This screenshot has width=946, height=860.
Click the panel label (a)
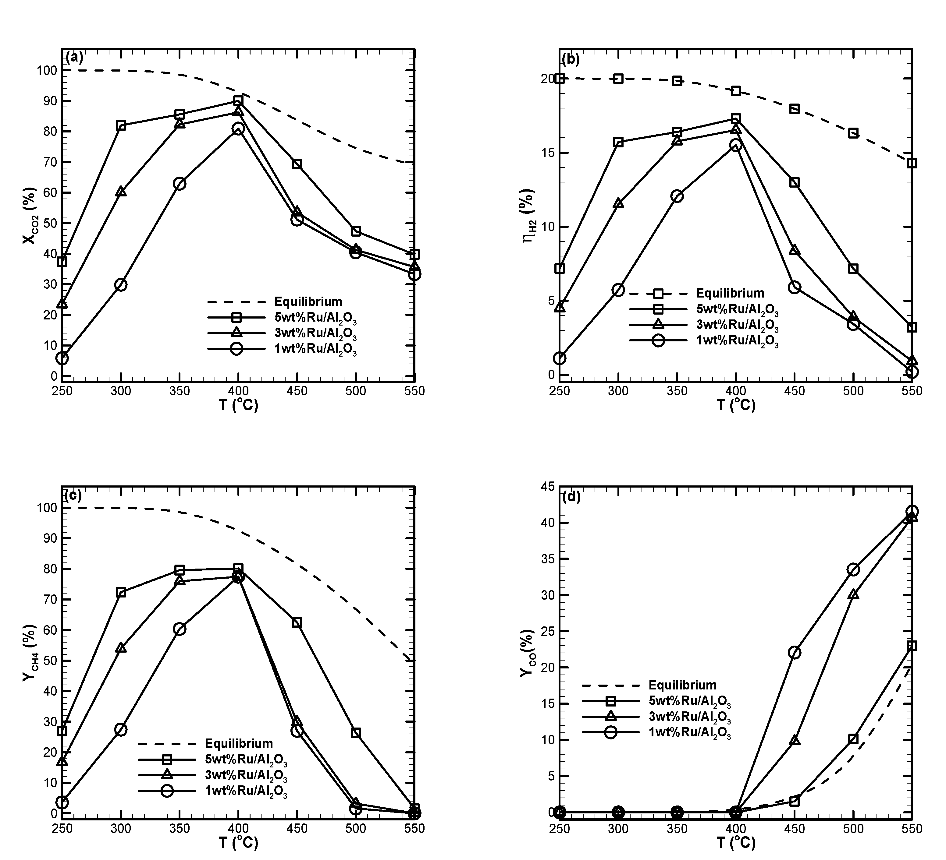tap(75, 57)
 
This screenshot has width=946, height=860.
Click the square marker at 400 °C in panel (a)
tap(238, 101)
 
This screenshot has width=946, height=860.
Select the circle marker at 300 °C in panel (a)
tap(121, 285)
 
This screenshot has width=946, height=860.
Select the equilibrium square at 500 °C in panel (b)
tap(853, 133)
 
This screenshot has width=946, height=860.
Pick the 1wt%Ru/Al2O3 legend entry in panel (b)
tap(737, 341)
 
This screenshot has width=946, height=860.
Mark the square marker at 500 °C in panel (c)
tap(356, 733)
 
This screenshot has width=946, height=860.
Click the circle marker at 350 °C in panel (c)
tap(179, 629)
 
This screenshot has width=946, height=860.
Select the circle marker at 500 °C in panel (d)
tap(853, 570)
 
